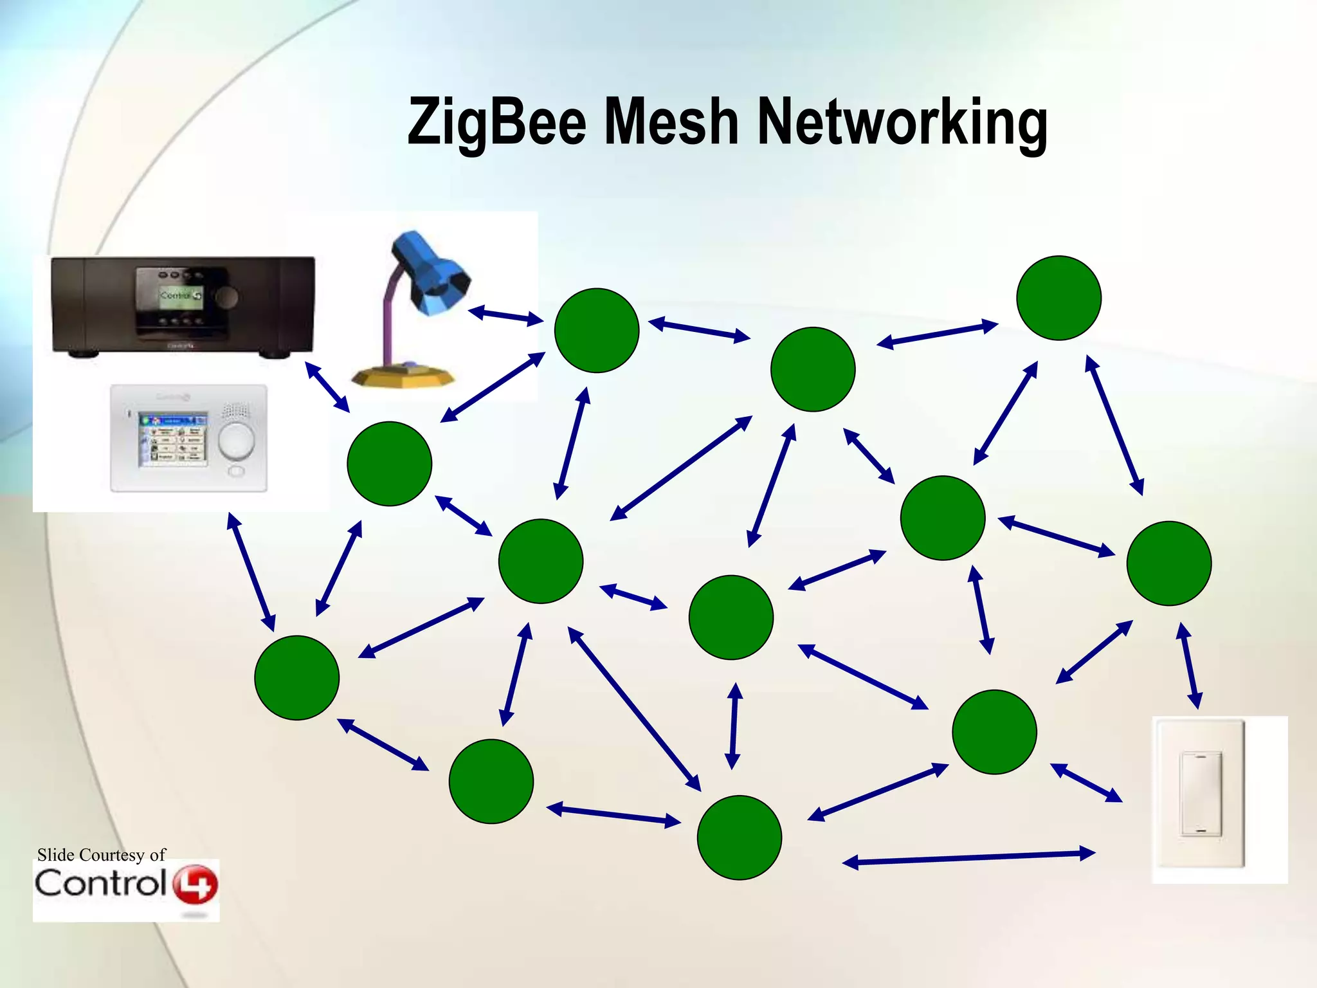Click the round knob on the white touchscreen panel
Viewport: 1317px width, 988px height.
[236, 440]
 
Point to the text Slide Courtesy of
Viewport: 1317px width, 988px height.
[101, 855]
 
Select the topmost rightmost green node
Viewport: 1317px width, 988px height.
[1058, 298]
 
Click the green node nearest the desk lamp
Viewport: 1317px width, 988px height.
[596, 330]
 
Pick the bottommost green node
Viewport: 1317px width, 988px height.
[739, 837]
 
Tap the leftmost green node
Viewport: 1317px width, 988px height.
[296, 677]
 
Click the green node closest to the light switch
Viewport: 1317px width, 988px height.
[994, 732]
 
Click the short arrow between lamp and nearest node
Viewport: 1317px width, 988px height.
[506, 316]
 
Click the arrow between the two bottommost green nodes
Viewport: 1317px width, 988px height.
[613, 814]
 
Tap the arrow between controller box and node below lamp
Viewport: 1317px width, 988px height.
[327, 387]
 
